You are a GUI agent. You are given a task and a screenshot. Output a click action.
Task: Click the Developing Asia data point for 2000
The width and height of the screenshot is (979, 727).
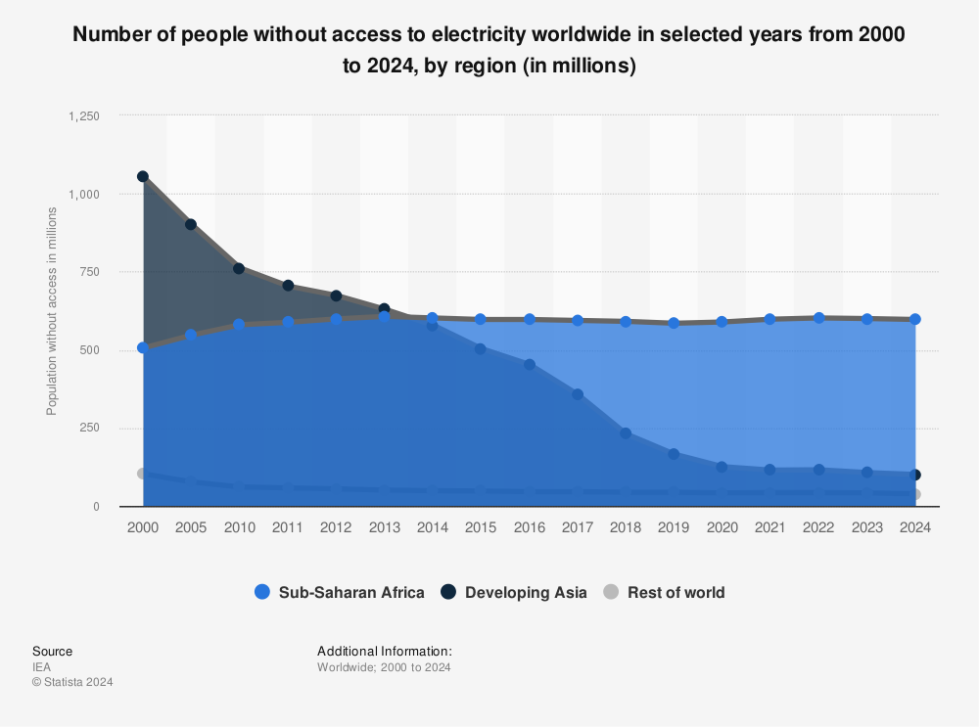coord(143,177)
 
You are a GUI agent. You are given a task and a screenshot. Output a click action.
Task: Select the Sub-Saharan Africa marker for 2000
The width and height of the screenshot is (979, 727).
coord(143,347)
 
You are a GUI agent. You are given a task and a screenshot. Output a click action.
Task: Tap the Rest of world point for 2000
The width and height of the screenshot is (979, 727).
coord(143,474)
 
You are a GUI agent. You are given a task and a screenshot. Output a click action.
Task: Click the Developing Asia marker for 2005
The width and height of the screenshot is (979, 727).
coord(191,224)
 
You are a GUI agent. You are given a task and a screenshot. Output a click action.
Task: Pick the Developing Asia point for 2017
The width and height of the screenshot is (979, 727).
coord(578,394)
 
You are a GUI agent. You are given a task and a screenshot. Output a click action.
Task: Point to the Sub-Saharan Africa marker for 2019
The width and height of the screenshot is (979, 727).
coord(674,323)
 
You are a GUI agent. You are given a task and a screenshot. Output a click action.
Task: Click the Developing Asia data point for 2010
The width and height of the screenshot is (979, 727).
coord(239,268)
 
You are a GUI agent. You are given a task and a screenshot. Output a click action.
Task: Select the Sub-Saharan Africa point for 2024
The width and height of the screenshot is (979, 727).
coord(915,319)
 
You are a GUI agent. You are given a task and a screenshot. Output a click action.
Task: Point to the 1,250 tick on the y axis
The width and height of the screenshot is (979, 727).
coord(83,115)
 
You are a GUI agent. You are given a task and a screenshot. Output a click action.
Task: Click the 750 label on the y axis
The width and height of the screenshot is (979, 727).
coord(89,272)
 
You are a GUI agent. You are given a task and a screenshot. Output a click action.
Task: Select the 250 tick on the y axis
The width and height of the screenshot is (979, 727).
coord(89,429)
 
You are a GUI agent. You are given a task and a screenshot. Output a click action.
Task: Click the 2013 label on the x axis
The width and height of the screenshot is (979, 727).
coord(384,527)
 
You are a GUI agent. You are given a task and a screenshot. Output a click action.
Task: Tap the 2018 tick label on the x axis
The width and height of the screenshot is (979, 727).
coord(626,527)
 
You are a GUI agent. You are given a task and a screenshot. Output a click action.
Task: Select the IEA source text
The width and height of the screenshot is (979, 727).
coord(41,667)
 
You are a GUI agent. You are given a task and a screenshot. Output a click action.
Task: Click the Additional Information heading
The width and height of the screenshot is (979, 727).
coord(384,651)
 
